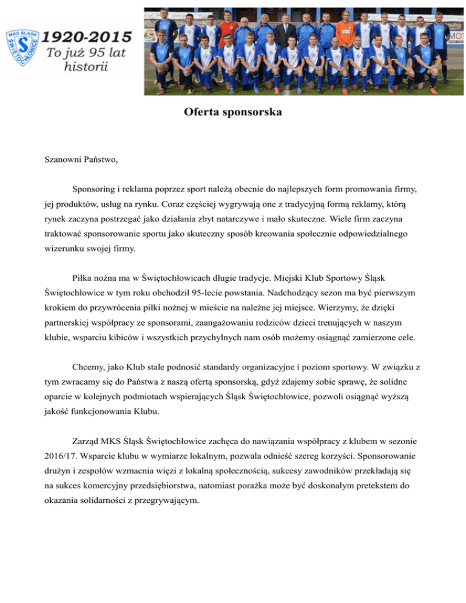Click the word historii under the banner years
coord(86,66)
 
